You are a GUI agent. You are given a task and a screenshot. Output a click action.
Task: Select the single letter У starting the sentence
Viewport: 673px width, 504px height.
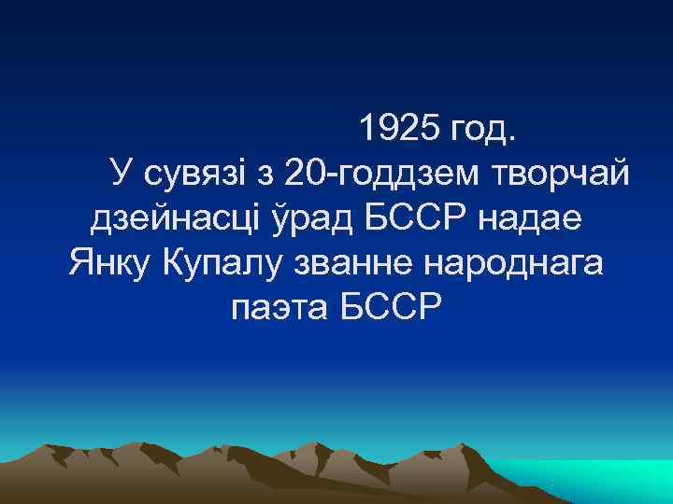pyautogui.click(x=120, y=173)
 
